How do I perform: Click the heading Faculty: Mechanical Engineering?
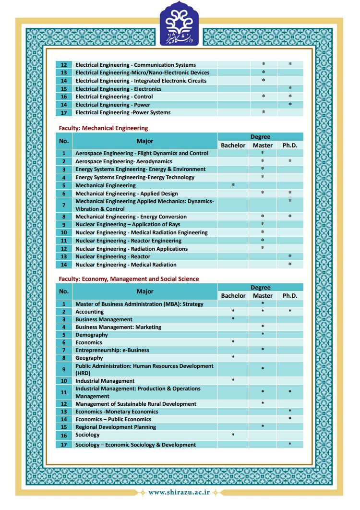(103, 128)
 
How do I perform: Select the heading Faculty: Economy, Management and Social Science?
(129, 279)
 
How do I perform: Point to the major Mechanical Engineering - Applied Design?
(126, 194)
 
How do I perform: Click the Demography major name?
(92, 335)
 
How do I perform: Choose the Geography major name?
(89, 358)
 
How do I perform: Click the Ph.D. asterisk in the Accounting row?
(290, 312)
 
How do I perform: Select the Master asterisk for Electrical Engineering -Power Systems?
(263, 112)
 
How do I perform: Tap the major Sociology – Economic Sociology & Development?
(135, 445)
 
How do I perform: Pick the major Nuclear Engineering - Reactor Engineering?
(128, 241)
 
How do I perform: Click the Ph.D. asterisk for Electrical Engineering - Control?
(290, 97)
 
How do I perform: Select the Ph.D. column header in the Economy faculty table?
(290, 296)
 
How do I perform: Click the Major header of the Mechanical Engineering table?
(145, 141)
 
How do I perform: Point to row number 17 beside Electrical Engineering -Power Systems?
(64, 113)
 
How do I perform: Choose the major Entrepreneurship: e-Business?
(112, 350)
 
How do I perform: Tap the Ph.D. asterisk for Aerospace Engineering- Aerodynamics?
(290, 161)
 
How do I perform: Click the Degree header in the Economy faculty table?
(261, 288)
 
